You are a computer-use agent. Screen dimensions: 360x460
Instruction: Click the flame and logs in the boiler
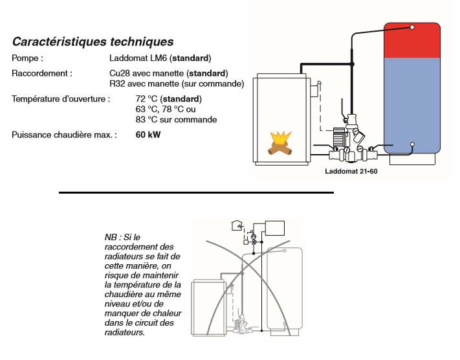click(282, 145)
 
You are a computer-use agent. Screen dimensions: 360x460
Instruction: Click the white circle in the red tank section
click(412, 27)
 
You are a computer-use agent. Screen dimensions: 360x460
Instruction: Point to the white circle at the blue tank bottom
click(412, 144)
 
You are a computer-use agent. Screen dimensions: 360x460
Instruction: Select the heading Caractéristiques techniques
click(93, 41)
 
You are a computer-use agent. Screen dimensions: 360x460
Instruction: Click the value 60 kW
click(148, 135)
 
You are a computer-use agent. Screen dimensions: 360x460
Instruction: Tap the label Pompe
click(27, 58)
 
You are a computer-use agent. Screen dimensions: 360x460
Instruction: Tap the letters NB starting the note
click(111, 238)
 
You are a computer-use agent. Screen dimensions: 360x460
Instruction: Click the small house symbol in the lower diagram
click(236, 225)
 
